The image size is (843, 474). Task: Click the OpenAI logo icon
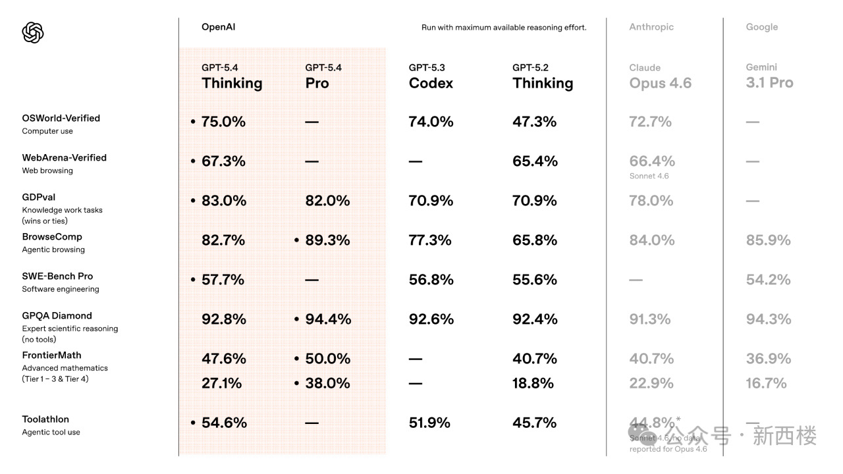33,32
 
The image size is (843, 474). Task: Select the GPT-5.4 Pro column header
323,76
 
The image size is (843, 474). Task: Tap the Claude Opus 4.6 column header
660,76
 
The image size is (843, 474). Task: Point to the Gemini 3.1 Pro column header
769,76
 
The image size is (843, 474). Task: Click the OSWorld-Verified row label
61,118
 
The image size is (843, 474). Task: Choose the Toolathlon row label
45,419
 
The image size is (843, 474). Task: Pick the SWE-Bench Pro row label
57,276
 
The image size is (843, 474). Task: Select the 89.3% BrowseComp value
327,240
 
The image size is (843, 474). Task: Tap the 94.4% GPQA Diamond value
327,319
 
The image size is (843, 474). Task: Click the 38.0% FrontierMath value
327,383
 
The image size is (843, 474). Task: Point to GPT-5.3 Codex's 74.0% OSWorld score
431,122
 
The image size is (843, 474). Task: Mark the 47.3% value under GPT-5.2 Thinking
534,122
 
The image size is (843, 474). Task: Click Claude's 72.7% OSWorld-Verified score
651,122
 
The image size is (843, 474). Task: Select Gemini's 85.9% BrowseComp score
768,240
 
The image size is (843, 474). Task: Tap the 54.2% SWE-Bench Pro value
768,280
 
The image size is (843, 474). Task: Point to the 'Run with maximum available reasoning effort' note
504,28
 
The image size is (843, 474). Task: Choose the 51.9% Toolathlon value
429,423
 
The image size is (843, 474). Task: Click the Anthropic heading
651,27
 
